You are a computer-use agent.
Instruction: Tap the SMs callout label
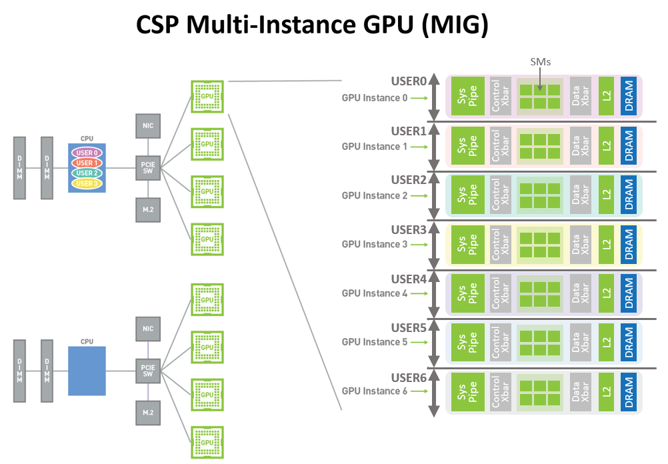[541, 62]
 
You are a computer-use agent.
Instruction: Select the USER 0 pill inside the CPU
[87, 153]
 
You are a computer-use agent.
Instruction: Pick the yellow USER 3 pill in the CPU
[87, 183]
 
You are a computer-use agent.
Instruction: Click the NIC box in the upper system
[147, 125]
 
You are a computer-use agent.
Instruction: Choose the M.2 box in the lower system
[147, 413]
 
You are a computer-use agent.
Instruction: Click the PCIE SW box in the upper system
[147, 168]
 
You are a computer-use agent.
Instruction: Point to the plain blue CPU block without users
[87, 371]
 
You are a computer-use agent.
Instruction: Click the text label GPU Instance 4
[374, 293]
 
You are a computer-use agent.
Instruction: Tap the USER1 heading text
[408, 131]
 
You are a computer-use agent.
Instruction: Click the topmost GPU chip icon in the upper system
[207, 95]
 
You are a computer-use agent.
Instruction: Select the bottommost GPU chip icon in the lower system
[207, 441]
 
